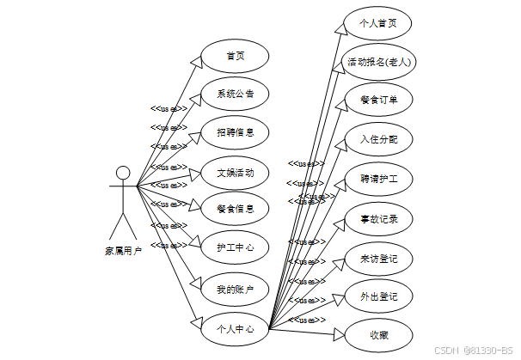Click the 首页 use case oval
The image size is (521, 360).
click(x=235, y=56)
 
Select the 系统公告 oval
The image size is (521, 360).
click(x=235, y=94)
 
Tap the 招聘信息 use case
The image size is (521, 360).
click(x=235, y=132)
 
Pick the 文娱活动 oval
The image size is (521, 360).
click(x=235, y=172)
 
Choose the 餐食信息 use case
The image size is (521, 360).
click(x=235, y=208)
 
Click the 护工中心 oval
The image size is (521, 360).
click(x=235, y=247)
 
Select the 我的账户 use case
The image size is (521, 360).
click(x=235, y=289)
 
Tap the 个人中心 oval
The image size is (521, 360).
click(x=235, y=328)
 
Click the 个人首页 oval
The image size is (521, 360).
click(x=378, y=23)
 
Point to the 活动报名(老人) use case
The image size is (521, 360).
click(x=378, y=62)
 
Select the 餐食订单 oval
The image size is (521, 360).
click(x=378, y=100)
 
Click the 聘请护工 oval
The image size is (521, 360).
click(x=378, y=180)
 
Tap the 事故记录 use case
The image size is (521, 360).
click(x=378, y=219)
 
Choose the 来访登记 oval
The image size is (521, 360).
click(x=378, y=258)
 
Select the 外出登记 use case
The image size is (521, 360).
click(x=378, y=296)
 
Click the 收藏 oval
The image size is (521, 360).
click(x=378, y=335)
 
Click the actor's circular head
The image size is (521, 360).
click(x=123, y=172)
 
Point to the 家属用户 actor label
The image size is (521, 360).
click(x=123, y=251)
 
